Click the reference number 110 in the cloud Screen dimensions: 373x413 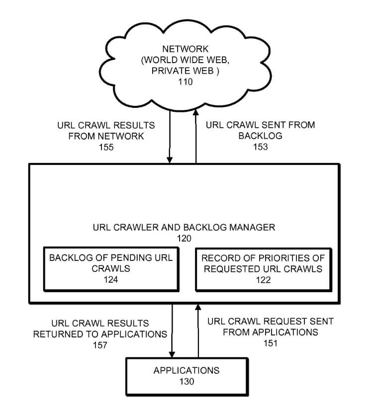click(x=186, y=82)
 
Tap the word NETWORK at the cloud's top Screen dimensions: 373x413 click(x=186, y=49)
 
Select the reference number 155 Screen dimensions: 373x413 click(x=106, y=147)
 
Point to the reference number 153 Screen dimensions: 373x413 click(x=261, y=147)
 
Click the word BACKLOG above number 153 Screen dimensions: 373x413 click(x=261, y=136)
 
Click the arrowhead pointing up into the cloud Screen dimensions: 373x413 click(x=196, y=112)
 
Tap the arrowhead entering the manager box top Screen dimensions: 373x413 click(x=170, y=160)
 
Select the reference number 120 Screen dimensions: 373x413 click(x=184, y=239)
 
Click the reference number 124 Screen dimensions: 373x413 click(x=111, y=279)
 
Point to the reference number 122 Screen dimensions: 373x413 click(x=264, y=280)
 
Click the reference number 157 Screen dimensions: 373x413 click(x=100, y=345)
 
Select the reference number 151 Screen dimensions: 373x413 click(x=271, y=343)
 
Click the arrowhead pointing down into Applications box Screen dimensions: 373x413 click(x=172, y=354)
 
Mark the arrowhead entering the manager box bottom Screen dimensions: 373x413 click(x=198, y=307)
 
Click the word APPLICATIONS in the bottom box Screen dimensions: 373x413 click(x=186, y=371)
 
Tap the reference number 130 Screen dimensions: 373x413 click(x=186, y=381)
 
